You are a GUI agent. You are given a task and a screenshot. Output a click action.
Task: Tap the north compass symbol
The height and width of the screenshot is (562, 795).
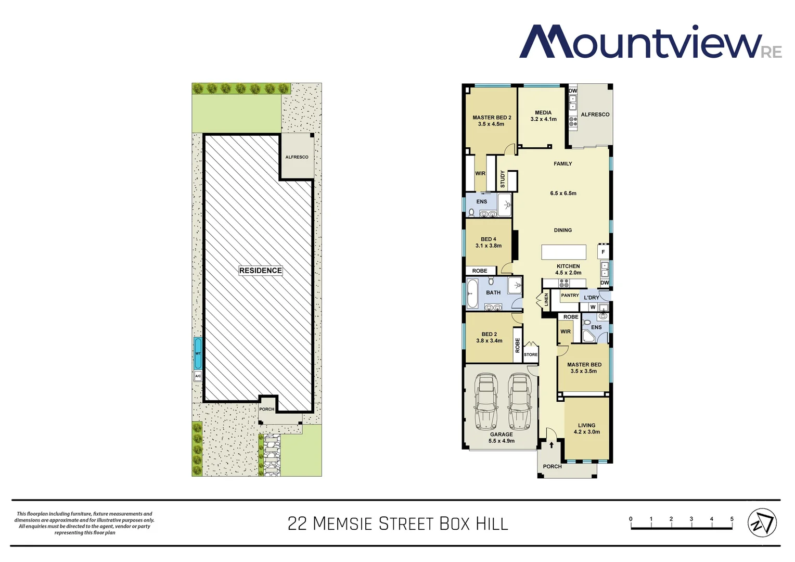tap(762, 522)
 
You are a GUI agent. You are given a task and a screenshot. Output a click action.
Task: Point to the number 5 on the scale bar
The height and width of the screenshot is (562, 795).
tap(732, 519)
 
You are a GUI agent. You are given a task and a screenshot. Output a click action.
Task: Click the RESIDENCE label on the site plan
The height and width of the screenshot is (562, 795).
tap(261, 271)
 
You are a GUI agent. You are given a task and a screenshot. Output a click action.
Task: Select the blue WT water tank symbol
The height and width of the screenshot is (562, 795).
tap(198, 353)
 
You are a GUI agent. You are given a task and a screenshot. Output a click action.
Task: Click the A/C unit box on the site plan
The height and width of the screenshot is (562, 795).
tap(198, 376)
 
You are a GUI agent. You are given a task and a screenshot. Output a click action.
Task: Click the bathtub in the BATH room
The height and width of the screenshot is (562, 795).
tap(472, 294)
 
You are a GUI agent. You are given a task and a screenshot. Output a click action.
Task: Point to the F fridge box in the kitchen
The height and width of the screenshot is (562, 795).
tap(603, 252)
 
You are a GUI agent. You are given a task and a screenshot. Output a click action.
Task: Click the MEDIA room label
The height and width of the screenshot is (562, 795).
tap(543, 112)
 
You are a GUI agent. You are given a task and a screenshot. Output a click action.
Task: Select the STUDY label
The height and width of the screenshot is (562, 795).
tap(503, 180)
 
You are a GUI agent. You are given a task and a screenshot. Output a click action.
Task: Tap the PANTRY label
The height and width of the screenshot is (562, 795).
tap(570, 296)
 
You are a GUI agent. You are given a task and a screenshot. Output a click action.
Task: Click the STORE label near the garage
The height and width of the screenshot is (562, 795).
tap(531, 354)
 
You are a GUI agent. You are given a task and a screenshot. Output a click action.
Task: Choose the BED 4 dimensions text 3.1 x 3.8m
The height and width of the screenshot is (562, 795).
tap(489, 246)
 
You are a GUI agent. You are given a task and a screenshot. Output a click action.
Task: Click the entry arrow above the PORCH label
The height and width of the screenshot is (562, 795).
tap(552, 445)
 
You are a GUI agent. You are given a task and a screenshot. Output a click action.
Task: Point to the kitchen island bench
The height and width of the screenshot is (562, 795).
tap(563, 252)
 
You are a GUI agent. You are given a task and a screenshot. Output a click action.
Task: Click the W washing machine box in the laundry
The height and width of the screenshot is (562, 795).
tap(593, 307)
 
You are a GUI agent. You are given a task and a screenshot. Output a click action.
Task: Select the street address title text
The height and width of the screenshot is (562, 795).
tap(397, 523)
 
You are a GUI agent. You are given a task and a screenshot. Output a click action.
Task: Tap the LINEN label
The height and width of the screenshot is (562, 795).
tap(546, 299)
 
